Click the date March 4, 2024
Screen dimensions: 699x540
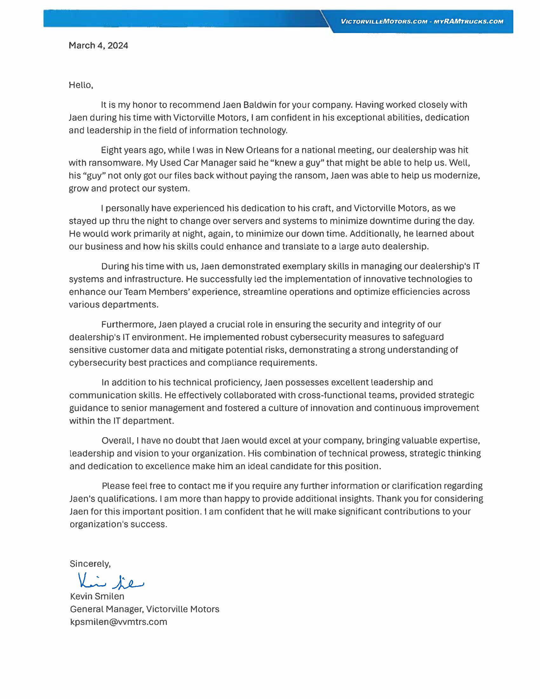point(98,45)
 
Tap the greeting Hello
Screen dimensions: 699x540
point(81,85)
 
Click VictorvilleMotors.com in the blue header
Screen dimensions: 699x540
point(384,21)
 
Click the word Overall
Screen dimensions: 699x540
point(117,441)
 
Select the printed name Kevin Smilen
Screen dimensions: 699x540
point(97,596)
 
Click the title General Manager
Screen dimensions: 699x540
point(106,609)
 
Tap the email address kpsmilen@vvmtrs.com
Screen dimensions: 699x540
point(118,622)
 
